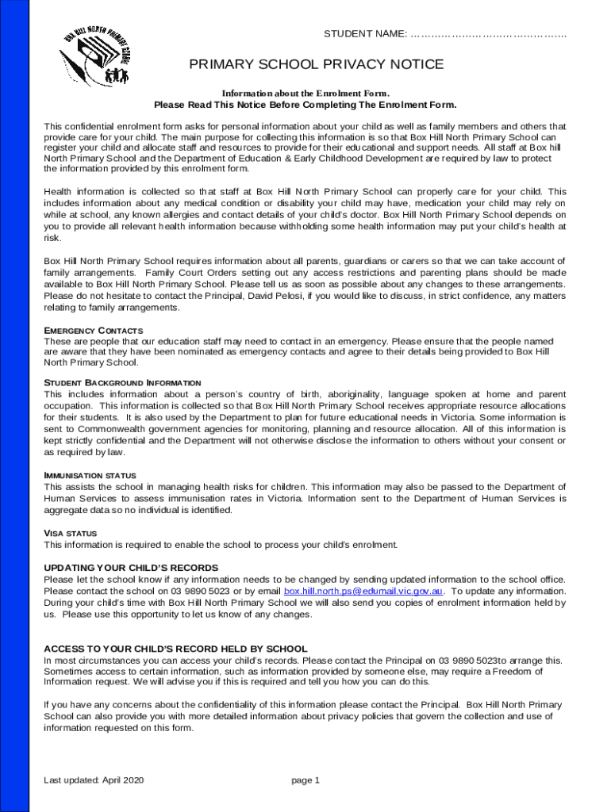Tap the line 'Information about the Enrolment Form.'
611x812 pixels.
pyautogui.click(x=305, y=93)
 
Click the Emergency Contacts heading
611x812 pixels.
pyautogui.click(x=93, y=330)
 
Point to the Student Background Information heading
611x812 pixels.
pyautogui.click(x=122, y=383)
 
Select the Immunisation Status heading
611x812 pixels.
pyautogui.click(x=90, y=476)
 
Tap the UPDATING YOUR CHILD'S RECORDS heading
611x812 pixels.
pyautogui.click(x=131, y=569)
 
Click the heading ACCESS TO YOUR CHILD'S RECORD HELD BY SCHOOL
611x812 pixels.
pyautogui.click(x=175, y=649)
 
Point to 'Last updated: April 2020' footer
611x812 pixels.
pyautogui.click(x=94, y=780)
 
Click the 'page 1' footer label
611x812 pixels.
pyautogui.click(x=305, y=780)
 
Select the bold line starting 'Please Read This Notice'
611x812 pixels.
pyautogui.click(x=305, y=105)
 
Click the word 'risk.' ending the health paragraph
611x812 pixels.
pyautogui.click(x=53, y=237)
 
